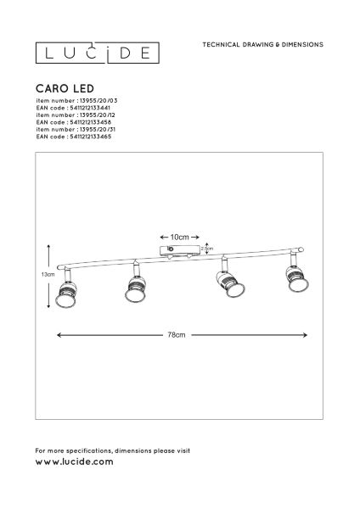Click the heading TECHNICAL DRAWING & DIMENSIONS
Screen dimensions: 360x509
point(263,44)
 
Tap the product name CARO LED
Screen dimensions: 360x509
point(65,88)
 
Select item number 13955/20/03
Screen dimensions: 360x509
point(76,101)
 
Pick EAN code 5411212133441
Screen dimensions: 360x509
point(73,108)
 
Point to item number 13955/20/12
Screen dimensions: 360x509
point(76,115)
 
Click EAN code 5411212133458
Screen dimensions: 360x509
point(74,122)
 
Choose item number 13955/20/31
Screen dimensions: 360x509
point(76,129)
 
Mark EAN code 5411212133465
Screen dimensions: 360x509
point(74,137)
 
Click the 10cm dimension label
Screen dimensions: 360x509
point(180,237)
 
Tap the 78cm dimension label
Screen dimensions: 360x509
point(177,335)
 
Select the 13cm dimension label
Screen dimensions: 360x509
point(48,274)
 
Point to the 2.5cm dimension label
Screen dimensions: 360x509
point(207,249)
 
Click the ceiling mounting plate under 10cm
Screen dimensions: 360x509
point(180,251)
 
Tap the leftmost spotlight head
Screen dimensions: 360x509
point(66,291)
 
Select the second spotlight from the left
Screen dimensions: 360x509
point(134,285)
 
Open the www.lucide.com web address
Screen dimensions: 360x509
point(75,461)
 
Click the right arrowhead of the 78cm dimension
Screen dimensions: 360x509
point(305,335)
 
